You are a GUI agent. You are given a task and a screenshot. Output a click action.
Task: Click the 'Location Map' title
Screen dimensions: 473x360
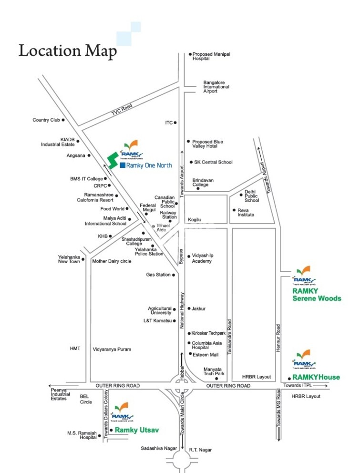(x=67, y=51)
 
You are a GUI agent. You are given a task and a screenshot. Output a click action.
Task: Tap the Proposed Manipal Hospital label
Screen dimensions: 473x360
(x=211, y=56)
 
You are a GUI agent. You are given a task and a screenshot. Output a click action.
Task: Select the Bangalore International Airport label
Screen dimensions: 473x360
(x=216, y=87)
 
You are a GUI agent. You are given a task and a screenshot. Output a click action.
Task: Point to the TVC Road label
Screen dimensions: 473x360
(x=122, y=110)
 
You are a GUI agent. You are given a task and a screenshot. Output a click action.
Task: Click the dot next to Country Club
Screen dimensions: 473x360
(x=63, y=120)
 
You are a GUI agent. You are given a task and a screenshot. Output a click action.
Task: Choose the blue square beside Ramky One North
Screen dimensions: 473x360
(x=123, y=165)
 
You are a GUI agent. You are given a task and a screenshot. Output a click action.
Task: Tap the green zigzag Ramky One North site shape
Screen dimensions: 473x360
(x=112, y=160)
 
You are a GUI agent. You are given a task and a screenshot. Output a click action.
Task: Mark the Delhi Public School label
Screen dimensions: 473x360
(x=252, y=196)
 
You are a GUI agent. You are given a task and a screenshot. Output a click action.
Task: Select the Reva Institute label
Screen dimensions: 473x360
(x=246, y=212)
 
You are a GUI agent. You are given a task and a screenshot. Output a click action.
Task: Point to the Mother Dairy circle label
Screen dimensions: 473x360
(x=112, y=261)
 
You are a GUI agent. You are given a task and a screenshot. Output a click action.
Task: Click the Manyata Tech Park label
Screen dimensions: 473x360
(x=214, y=371)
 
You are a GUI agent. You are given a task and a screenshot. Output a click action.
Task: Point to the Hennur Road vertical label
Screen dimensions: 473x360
(x=278, y=339)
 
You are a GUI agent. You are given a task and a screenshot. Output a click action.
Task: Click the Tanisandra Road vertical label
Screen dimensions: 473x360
(x=229, y=337)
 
